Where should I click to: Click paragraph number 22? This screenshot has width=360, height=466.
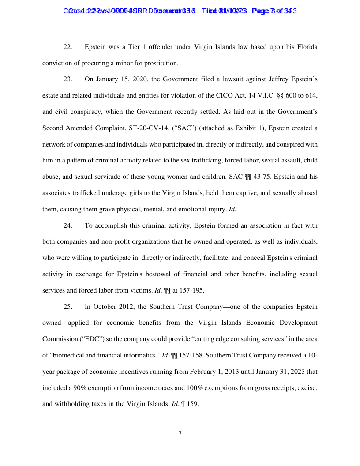pyautogui.click(x=68, y=47)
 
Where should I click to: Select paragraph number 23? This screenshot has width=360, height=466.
pyautogui.click(x=68, y=79)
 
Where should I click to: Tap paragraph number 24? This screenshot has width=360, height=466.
pyautogui.click(x=68, y=226)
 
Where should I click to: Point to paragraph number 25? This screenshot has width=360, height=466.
pyautogui.click(x=68, y=307)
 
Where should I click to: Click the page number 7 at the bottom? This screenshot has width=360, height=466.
pyautogui.click(x=180, y=434)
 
